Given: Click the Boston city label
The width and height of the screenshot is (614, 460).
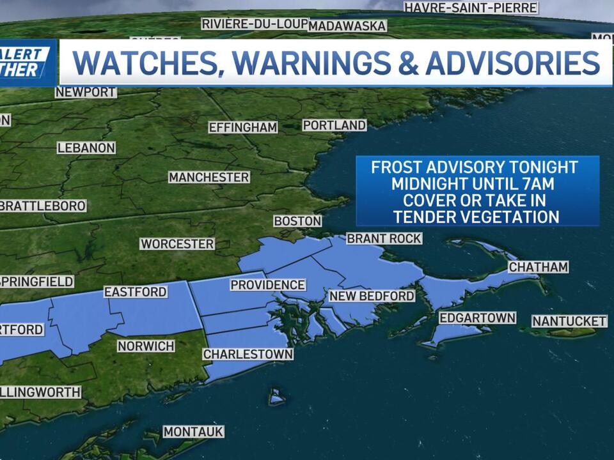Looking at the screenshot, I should point(297,221).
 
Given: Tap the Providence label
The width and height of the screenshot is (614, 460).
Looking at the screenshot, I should point(267,285).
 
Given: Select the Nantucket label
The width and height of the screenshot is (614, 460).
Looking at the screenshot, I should point(569,321).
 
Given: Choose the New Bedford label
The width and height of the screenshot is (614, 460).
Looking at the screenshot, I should point(372,296).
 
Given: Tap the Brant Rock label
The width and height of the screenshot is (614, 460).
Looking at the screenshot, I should point(384,238).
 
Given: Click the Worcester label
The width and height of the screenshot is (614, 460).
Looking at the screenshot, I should point(177,244).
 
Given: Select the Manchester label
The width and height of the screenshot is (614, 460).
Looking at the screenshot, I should point(209,177).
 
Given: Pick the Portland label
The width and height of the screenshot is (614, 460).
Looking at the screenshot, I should point(334,125).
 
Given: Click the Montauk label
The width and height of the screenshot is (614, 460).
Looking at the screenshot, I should point(193,432).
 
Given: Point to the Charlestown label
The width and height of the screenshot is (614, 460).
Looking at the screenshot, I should point(248,354).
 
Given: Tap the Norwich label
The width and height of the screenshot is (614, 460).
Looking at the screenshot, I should point(146,346).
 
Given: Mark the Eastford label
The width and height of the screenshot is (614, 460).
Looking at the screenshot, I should point(136,292).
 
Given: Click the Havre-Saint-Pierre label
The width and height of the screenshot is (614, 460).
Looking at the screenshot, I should point(471,8).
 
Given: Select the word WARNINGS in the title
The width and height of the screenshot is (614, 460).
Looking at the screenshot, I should point(321,63).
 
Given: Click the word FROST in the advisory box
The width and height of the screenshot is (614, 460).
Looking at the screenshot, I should point(397,167).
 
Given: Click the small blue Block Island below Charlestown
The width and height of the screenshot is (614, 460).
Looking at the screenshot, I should point(276,397).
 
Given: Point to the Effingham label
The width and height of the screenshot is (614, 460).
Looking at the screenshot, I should point(243,127).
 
